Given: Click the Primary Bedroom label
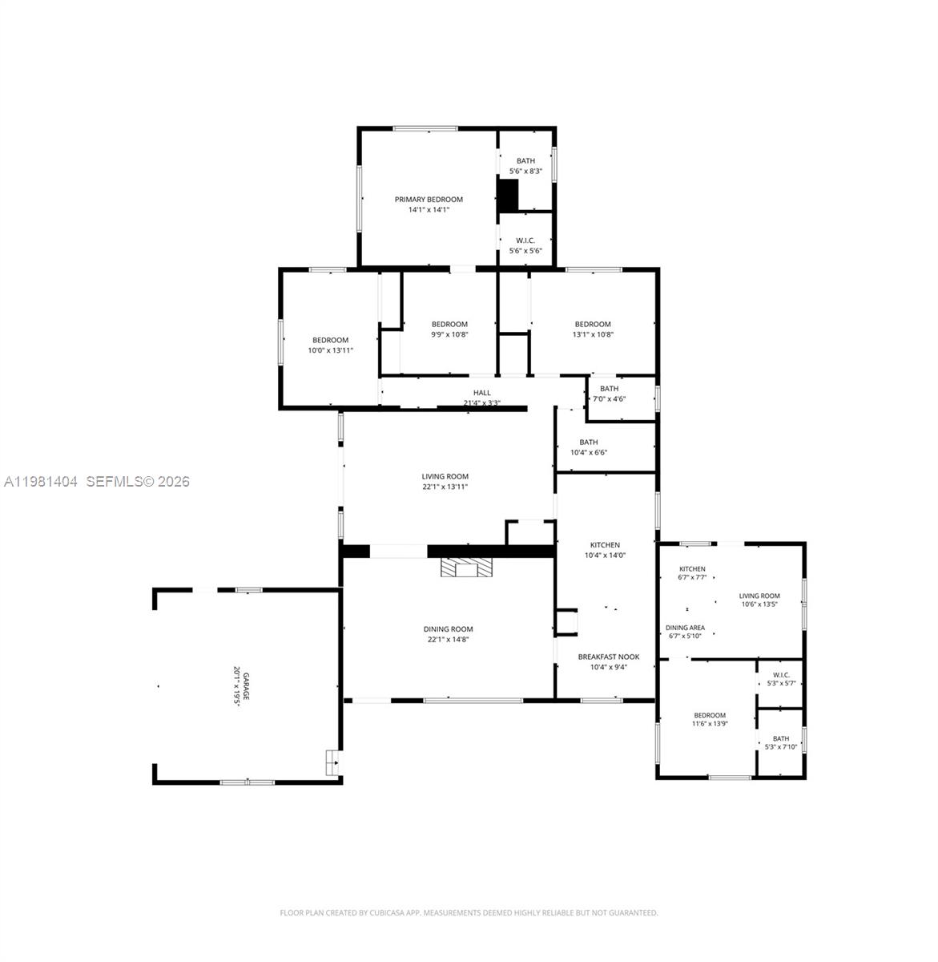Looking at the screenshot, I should (429, 200).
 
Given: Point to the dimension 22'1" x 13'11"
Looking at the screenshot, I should (445, 487).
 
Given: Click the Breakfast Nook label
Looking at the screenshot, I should (609, 657).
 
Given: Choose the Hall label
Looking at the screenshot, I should (481, 393).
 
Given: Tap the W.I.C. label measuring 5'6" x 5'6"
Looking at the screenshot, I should (525, 240).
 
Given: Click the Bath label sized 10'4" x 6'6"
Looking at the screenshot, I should (589, 442).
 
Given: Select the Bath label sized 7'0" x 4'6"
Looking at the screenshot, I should (609, 389).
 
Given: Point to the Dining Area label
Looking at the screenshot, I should (685, 628).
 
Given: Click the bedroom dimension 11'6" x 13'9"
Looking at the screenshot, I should (710, 725).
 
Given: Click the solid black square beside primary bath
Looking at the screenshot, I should (508, 196).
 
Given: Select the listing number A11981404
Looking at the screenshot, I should (41, 482).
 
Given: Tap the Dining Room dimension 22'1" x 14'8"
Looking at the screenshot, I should (449, 639).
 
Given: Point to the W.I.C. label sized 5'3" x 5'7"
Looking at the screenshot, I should (781, 675).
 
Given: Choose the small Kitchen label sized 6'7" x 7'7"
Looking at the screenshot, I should (692, 569).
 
